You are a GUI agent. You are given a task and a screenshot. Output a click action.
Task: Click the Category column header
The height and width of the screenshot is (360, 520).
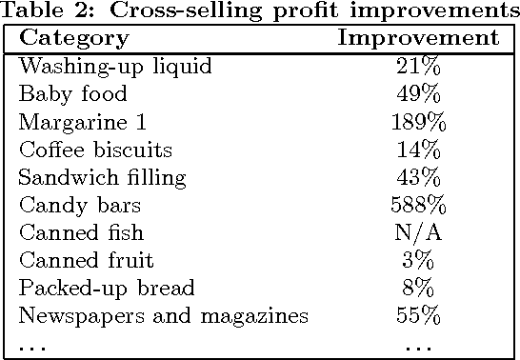pyautogui.click(x=74, y=39)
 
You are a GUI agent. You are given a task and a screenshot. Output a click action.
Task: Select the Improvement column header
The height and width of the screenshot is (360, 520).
pyautogui.click(x=418, y=39)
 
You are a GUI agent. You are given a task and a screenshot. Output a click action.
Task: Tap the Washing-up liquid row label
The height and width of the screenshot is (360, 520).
pyautogui.click(x=114, y=68)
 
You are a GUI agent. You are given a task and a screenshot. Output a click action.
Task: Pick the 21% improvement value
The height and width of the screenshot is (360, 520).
pyautogui.click(x=418, y=68)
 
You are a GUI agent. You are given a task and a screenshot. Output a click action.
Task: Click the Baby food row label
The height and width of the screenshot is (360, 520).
pyautogui.click(x=72, y=95)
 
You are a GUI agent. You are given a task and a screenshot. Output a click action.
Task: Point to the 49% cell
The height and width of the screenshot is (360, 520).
pyautogui.click(x=418, y=95)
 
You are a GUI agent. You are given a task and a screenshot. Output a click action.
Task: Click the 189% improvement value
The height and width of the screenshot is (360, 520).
pyautogui.click(x=418, y=123)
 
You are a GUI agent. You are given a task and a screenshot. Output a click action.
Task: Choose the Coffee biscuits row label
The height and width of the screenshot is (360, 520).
pyautogui.click(x=96, y=150)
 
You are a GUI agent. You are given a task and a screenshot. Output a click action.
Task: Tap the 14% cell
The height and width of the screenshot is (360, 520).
pyautogui.click(x=418, y=150)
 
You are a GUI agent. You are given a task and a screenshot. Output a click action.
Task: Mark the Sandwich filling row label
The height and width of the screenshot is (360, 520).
pyautogui.click(x=103, y=178)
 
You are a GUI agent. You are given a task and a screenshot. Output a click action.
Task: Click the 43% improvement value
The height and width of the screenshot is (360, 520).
pyautogui.click(x=418, y=178)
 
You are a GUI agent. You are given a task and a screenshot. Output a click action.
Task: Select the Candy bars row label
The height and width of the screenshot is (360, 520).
pyautogui.click(x=80, y=206)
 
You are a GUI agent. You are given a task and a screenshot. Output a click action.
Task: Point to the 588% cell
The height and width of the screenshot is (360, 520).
pyautogui.click(x=418, y=206)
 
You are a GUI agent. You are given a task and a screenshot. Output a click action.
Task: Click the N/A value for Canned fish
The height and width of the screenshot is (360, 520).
pyautogui.click(x=418, y=233)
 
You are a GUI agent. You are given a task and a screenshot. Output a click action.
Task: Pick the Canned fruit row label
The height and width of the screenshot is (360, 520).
pyautogui.click(x=86, y=261)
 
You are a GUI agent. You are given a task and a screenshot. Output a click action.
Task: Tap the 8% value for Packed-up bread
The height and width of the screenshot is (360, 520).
pyautogui.click(x=418, y=289)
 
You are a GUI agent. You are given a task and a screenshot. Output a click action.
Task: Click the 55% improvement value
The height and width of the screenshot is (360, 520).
pyautogui.click(x=418, y=316)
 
